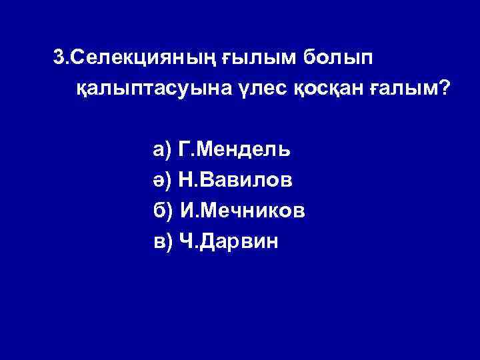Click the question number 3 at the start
(59, 58)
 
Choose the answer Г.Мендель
(235, 149)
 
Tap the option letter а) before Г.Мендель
(163, 149)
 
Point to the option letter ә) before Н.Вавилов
(163, 180)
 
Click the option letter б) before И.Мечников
(163, 211)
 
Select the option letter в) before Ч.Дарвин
(163, 242)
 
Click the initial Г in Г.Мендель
(185, 149)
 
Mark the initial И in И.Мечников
(187, 211)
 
